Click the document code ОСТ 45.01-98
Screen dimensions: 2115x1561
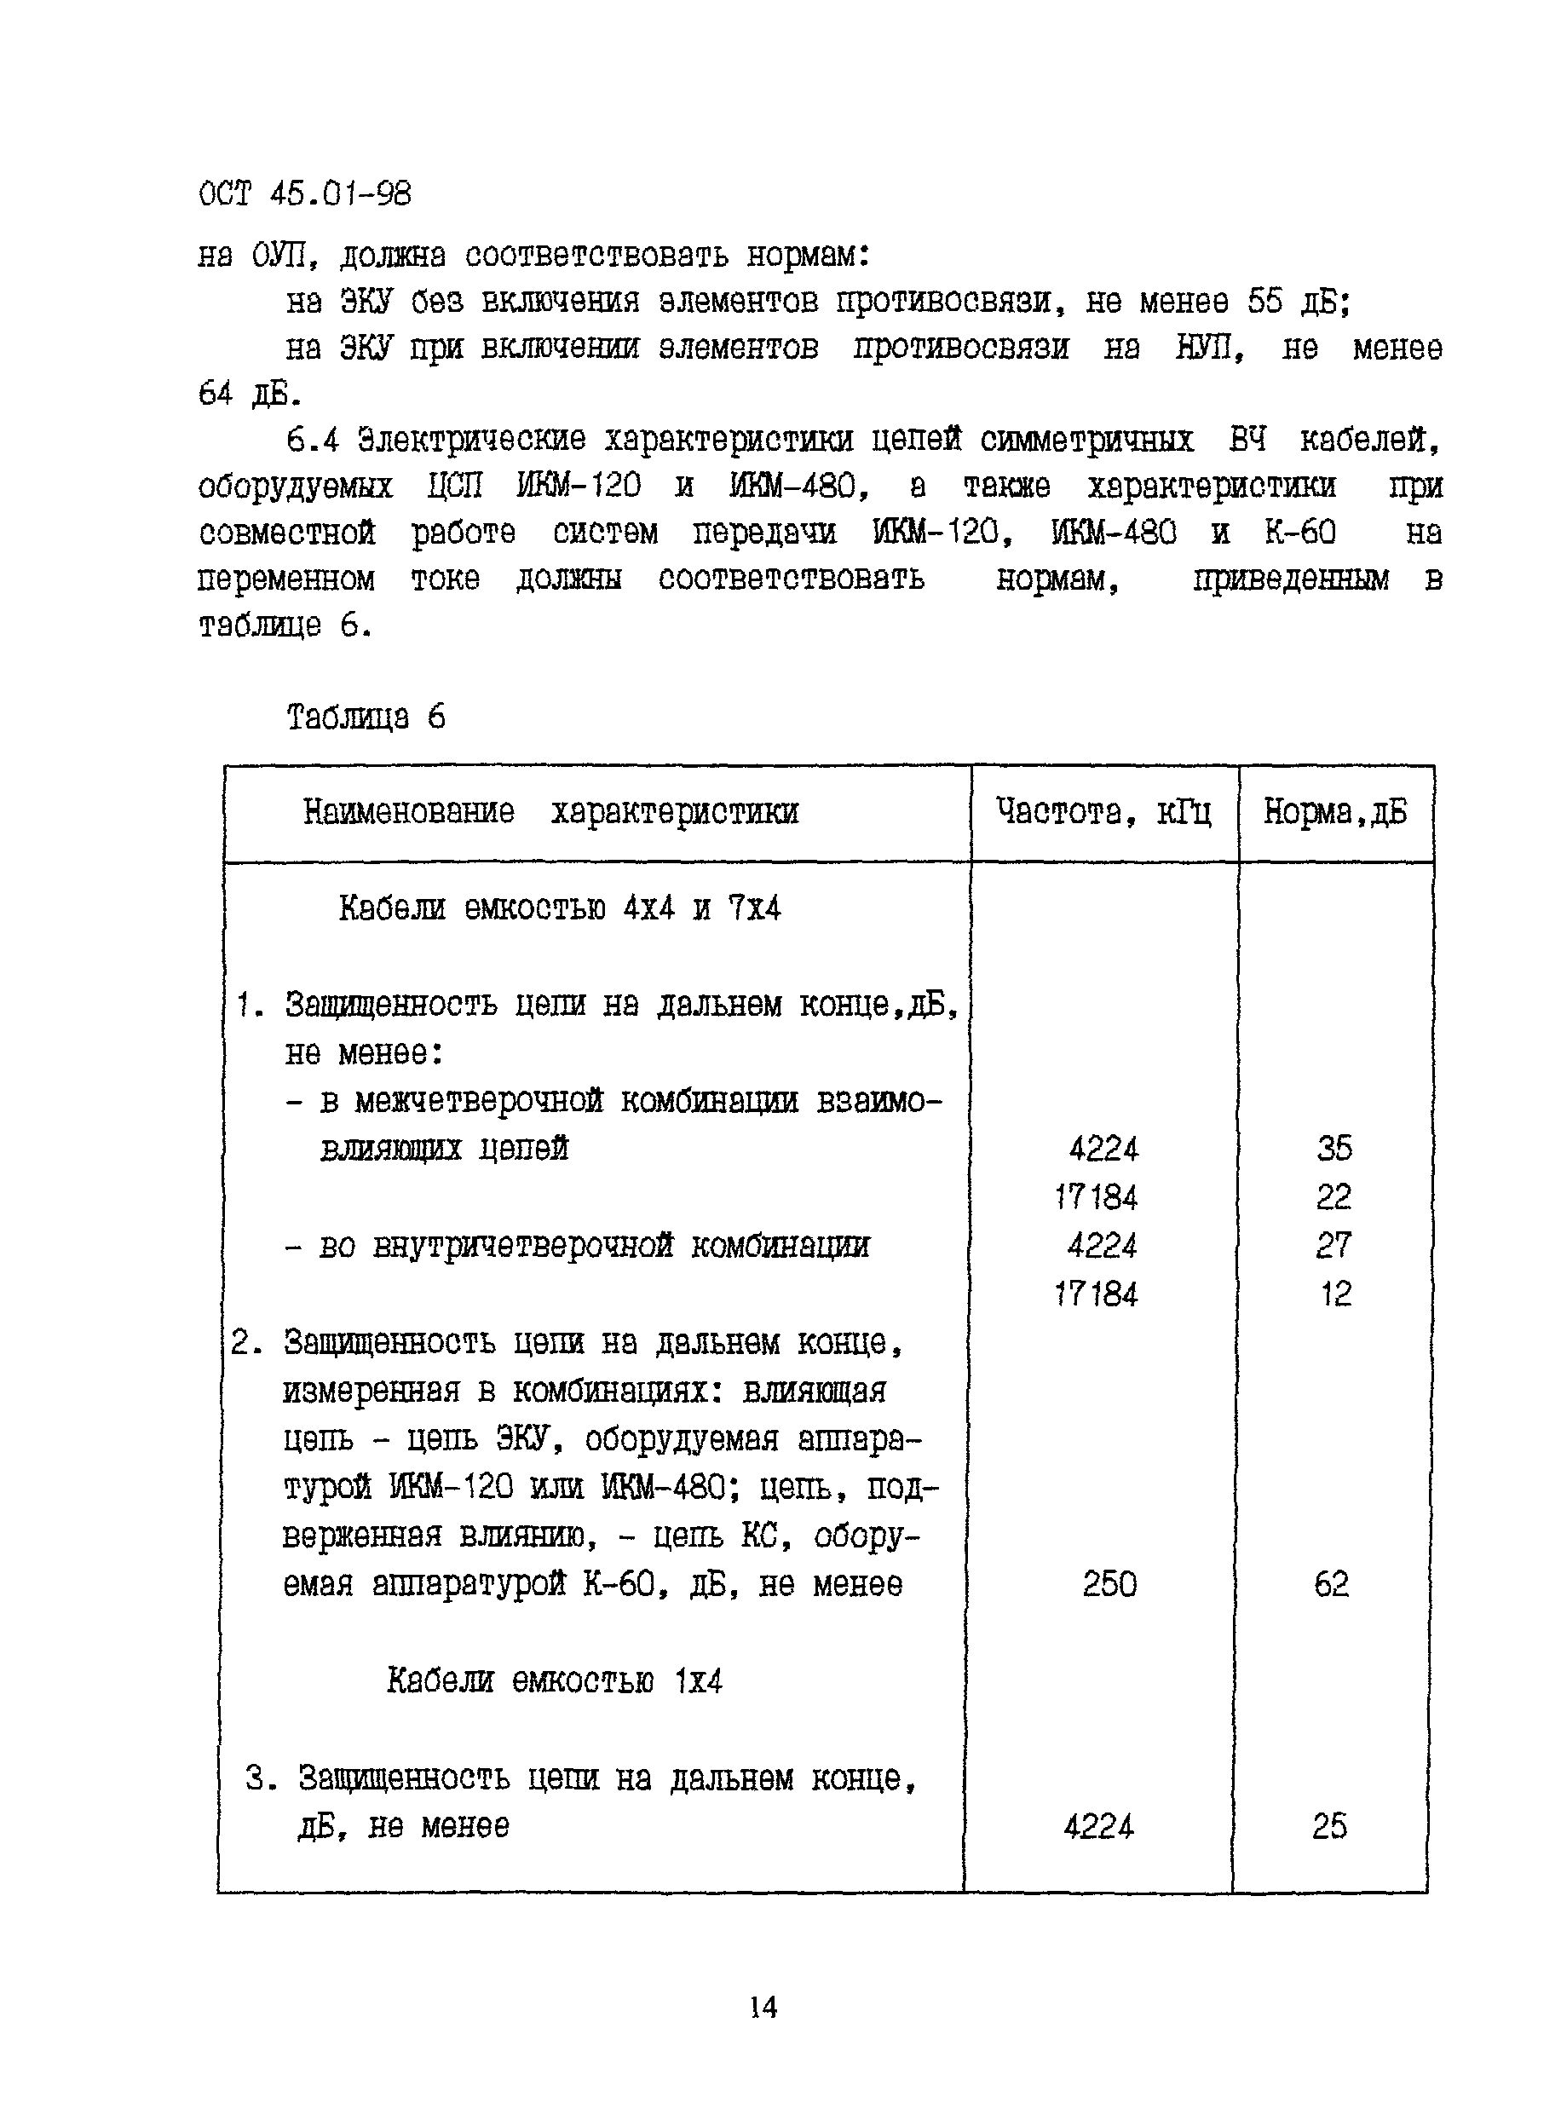click(304, 194)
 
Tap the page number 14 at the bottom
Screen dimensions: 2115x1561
click(763, 2006)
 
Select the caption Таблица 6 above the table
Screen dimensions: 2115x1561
click(366, 717)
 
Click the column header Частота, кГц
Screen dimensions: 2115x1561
click(1103, 812)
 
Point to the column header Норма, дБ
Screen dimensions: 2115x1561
click(1334, 812)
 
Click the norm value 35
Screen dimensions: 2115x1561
click(1334, 1148)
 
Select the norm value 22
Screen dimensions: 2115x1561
click(1334, 1197)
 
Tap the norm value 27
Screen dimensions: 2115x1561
click(1334, 1246)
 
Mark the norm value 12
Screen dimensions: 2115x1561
click(1336, 1294)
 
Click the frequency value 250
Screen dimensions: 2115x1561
click(1109, 1584)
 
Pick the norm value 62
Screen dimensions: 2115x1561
click(1332, 1584)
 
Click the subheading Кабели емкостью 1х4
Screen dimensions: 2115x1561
click(555, 1681)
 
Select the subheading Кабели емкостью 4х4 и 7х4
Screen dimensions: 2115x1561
click(560, 909)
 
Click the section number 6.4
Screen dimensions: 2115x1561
click(312, 441)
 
